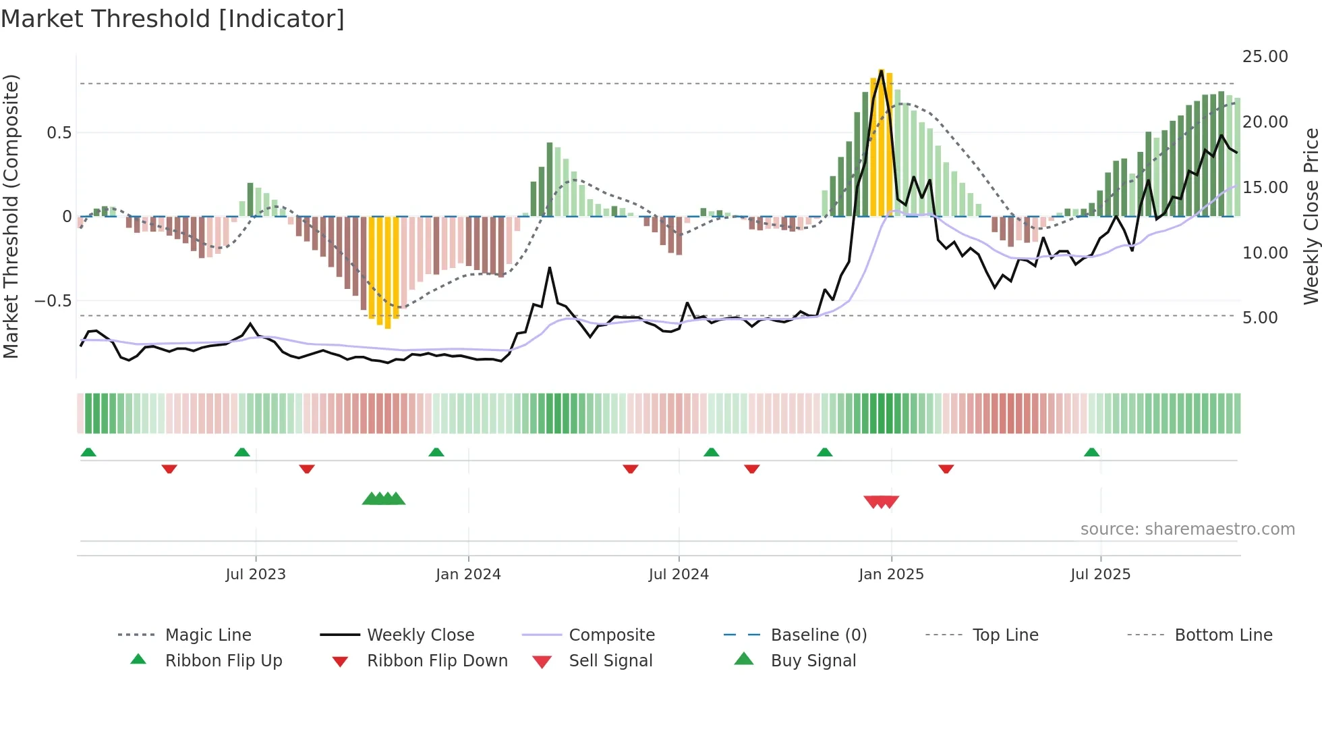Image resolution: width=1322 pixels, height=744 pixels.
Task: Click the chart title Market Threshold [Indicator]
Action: [x=173, y=19]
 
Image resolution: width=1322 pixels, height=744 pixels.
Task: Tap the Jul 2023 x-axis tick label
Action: [x=256, y=575]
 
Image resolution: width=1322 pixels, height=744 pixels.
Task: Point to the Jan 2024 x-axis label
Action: [x=468, y=575]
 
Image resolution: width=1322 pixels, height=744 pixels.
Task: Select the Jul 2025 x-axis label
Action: [x=1100, y=575]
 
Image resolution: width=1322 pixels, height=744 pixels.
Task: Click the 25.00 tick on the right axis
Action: [x=1265, y=57]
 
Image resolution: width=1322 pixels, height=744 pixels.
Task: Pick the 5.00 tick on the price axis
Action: [x=1260, y=318]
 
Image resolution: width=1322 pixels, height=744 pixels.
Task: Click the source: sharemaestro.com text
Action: [x=1187, y=529]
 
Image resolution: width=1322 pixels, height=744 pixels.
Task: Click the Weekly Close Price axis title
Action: [x=1311, y=216]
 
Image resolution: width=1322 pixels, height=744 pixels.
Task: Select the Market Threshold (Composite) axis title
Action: [x=11, y=216]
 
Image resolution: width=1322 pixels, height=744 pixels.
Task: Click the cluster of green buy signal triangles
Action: [x=384, y=500]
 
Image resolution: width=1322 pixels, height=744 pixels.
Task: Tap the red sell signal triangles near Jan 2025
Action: [x=882, y=502]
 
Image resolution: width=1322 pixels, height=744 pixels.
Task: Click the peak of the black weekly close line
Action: [x=882, y=71]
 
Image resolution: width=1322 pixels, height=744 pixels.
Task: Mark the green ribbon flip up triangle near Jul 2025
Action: [x=1092, y=452]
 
